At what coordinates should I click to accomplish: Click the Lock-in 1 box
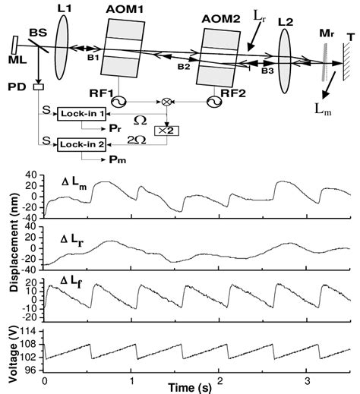coord(84,113)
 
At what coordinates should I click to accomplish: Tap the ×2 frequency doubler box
coord(162,130)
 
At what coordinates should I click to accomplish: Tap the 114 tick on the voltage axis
coord(33,332)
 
